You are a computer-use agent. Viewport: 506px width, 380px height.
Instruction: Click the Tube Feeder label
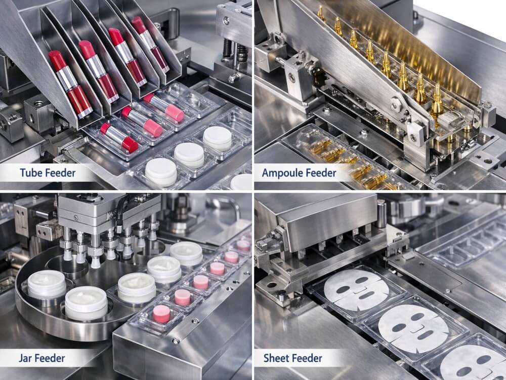[x=48, y=173]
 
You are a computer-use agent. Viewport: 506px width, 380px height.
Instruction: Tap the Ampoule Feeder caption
[x=299, y=173]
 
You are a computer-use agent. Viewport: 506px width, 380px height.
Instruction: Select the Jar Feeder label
[x=41, y=358]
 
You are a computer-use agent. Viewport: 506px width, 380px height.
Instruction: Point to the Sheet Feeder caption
[x=292, y=358]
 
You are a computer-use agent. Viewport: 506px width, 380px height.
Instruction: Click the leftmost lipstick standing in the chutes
[x=70, y=84]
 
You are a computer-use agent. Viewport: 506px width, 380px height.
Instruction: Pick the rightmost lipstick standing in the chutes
[x=150, y=44]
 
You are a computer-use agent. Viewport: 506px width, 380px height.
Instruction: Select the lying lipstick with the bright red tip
[x=119, y=138]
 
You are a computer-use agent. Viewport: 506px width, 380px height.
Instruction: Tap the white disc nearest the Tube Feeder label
[x=161, y=172]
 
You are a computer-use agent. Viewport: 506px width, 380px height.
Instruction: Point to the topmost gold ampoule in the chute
[x=320, y=13]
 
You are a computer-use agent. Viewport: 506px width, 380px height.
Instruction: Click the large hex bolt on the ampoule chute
[x=396, y=105]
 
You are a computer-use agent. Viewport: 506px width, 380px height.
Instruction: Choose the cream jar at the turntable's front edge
[x=86, y=303]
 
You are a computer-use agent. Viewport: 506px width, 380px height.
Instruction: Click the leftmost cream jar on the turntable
[x=47, y=284]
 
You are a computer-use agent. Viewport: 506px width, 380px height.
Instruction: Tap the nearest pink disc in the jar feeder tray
[x=161, y=314]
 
